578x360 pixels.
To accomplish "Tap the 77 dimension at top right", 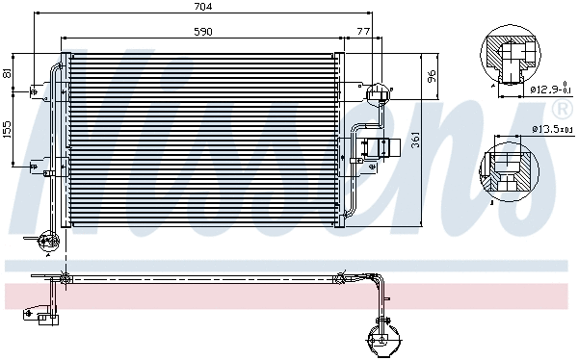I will point(362,31).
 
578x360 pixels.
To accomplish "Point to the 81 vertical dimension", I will point(9,72).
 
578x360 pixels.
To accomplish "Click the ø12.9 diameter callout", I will point(550,90).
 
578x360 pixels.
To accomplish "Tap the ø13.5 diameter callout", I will point(551,128).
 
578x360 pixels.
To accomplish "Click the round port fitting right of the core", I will point(378,92).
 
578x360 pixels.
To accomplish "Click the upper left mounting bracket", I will point(36,92).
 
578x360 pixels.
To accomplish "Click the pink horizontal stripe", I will point(289,294).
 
